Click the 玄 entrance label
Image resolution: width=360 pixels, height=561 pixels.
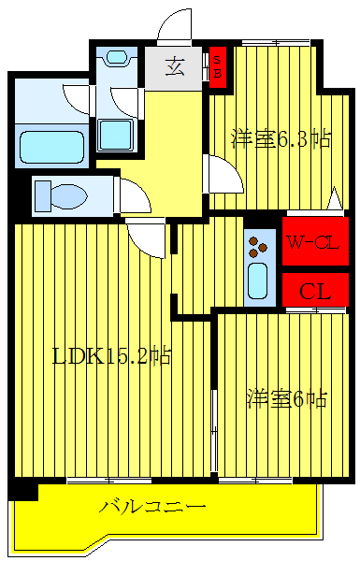[x=175, y=66]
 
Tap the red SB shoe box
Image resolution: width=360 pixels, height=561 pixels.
[x=217, y=67]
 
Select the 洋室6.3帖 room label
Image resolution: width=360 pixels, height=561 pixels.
[x=281, y=140]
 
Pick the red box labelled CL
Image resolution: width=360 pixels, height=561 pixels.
[x=315, y=290]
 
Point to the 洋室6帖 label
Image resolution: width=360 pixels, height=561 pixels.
[x=286, y=399]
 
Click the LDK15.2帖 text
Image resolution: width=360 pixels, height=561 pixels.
[x=111, y=356]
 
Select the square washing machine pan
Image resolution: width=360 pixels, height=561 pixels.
[x=119, y=137]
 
